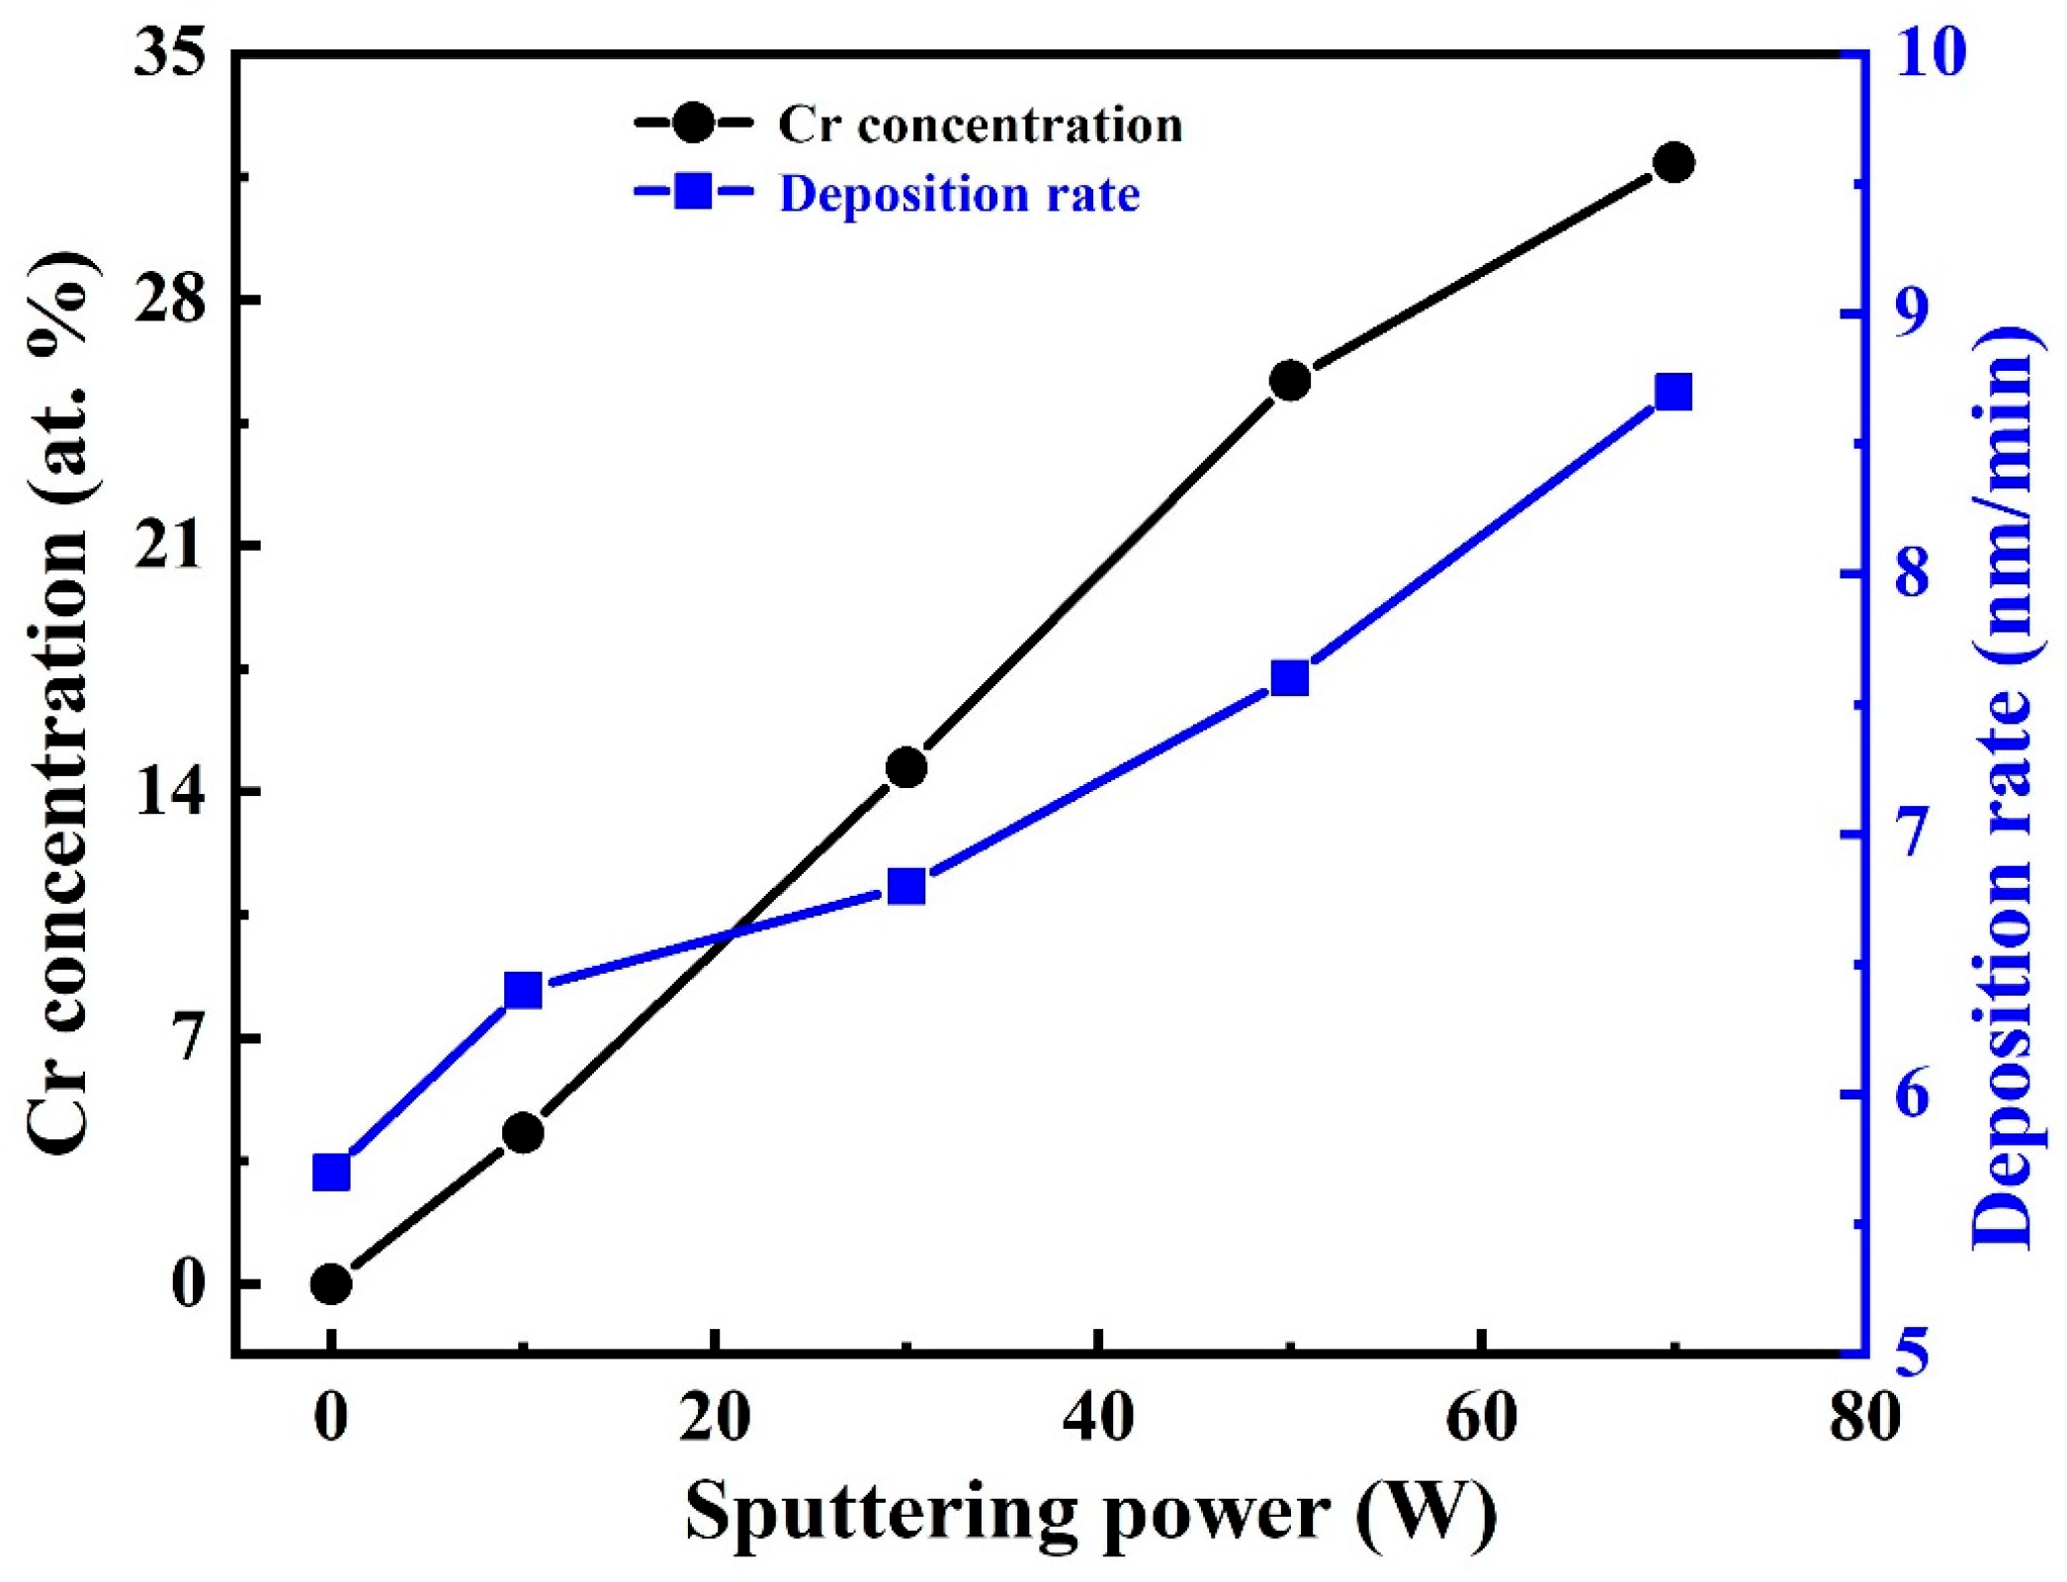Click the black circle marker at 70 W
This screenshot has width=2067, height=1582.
(1674, 162)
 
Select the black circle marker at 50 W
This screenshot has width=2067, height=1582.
(1290, 381)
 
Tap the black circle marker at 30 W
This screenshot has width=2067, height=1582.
(906, 767)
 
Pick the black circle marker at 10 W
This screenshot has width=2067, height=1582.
(523, 1132)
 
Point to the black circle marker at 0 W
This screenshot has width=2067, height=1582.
(331, 1284)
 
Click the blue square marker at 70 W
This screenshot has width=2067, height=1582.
(1674, 393)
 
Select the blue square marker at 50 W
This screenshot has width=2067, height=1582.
(1290, 679)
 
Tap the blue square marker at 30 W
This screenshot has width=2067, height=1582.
(906, 887)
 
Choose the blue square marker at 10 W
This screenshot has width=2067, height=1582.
(523, 990)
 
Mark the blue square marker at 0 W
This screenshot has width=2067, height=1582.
(331, 1173)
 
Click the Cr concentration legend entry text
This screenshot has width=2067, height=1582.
(980, 126)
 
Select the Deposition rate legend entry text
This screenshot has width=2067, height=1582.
(959, 194)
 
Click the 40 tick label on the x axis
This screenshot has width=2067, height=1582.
(1098, 1418)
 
